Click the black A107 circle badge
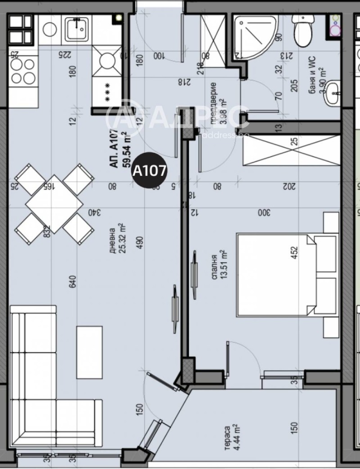148,171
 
